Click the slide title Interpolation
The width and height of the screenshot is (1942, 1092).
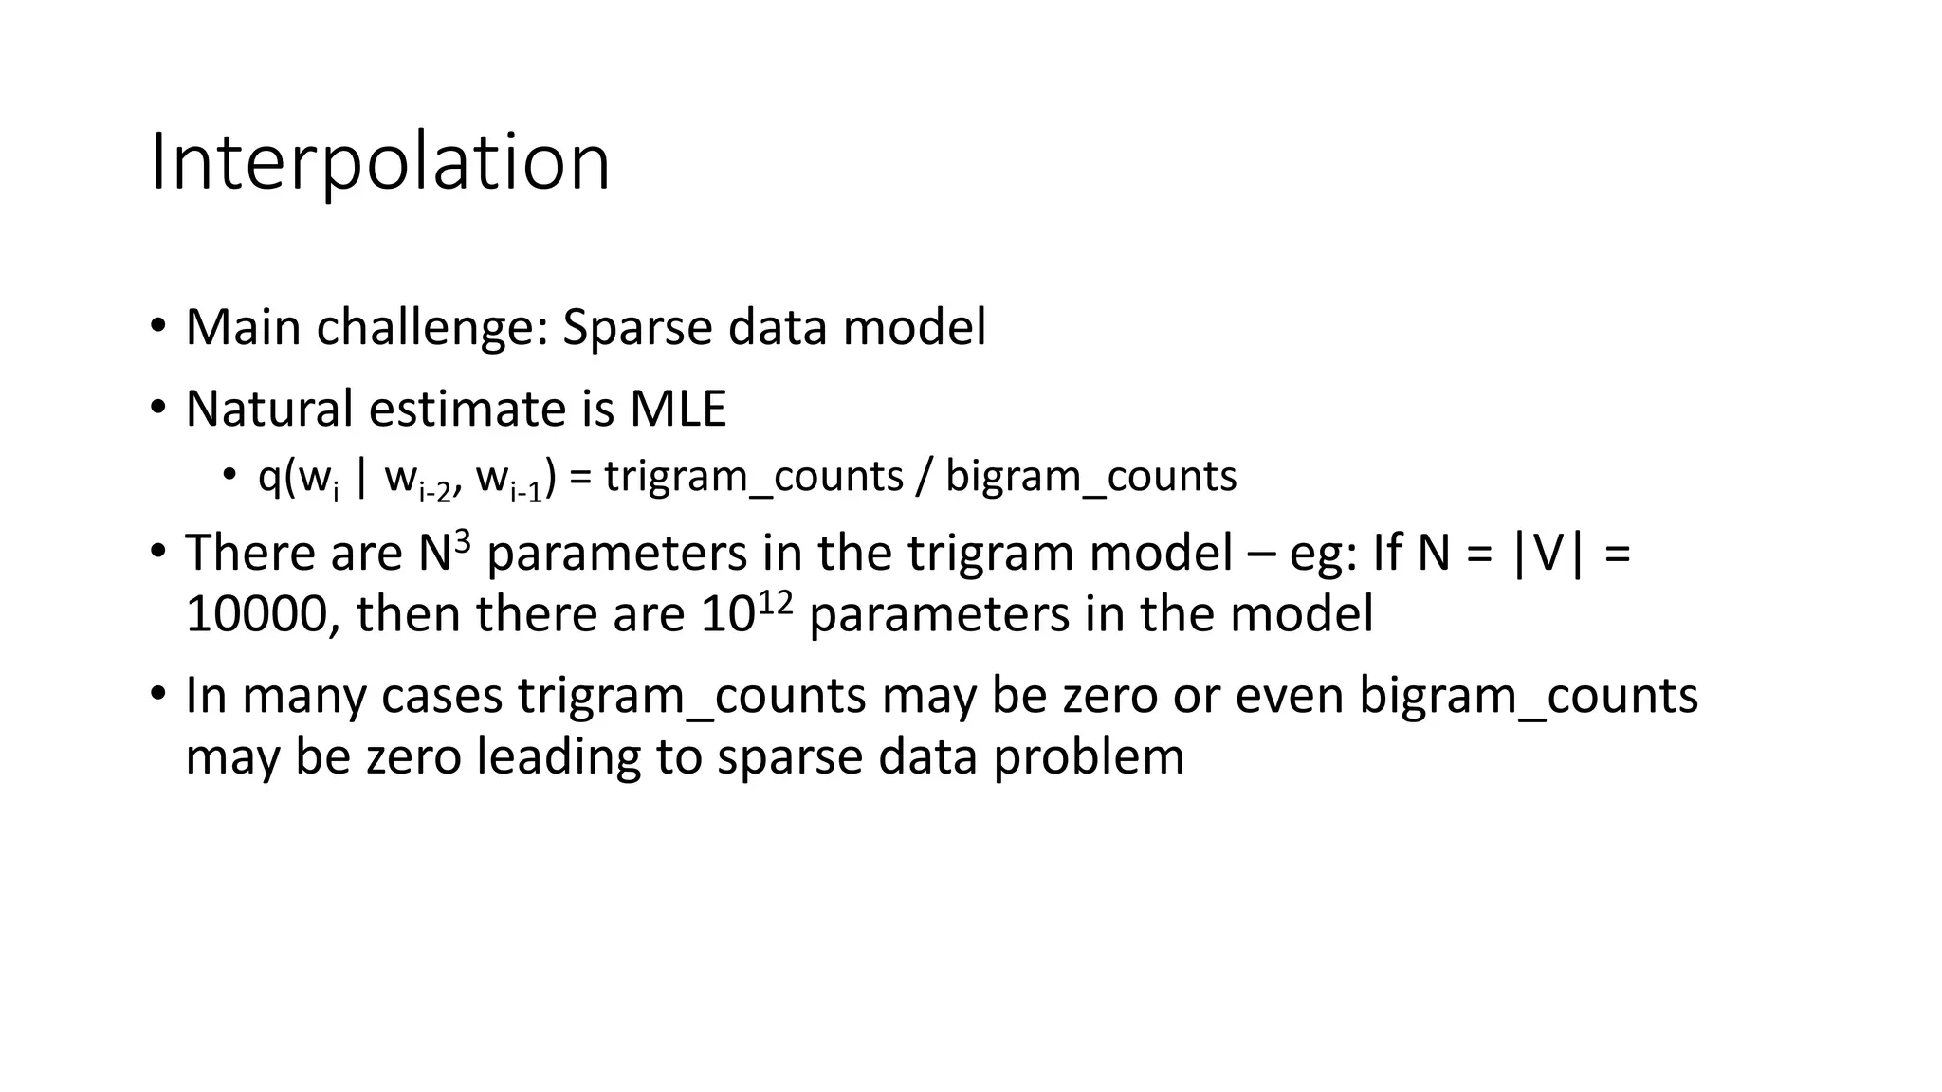tap(379, 162)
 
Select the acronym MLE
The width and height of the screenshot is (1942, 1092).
tap(678, 409)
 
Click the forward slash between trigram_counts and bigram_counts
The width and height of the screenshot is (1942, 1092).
tap(924, 477)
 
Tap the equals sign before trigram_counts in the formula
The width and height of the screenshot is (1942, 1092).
tap(580, 477)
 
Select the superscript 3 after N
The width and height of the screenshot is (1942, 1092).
tap(462, 541)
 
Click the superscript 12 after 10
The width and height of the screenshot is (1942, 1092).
tap(775, 602)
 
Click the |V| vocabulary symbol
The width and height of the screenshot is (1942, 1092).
tap(1548, 554)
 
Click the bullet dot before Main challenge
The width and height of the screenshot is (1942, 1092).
tap(157, 327)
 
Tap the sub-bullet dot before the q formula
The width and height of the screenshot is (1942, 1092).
tap(229, 475)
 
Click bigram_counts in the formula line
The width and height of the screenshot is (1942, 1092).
tap(1091, 477)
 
